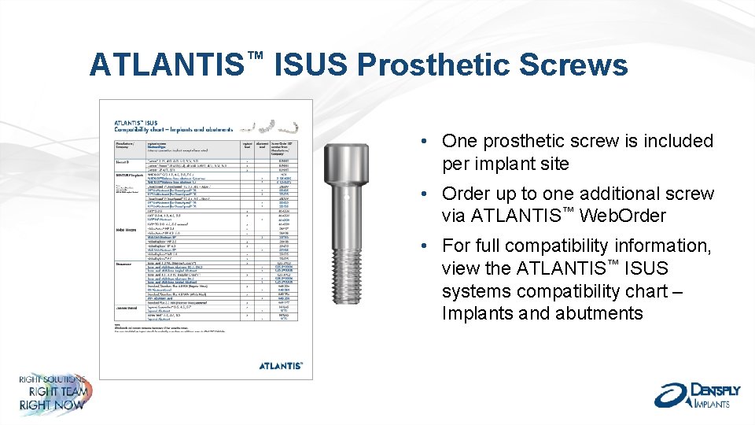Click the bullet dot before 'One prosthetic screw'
pyautogui.click(x=423, y=142)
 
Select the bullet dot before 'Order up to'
pyautogui.click(x=423, y=194)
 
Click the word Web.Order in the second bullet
pyautogui.click(x=622, y=216)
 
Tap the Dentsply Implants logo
pyautogui.click(x=693, y=394)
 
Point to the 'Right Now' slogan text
pyautogui.click(x=52, y=405)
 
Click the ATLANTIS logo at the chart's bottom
pyautogui.click(x=281, y=365)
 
